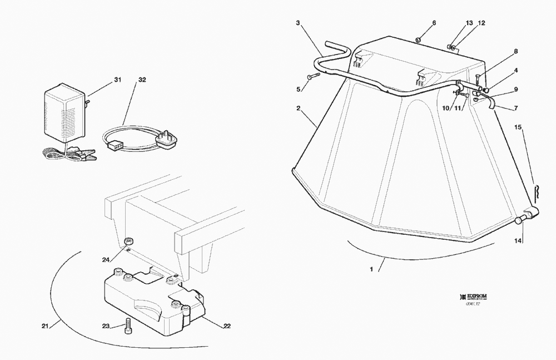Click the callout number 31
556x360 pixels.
(117, 80)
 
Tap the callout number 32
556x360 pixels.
(142, 80)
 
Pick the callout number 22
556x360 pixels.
(227, 326)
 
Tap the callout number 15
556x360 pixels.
(518, 127)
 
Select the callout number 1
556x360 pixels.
(371, 270)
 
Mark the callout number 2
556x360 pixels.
(299, 108)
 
